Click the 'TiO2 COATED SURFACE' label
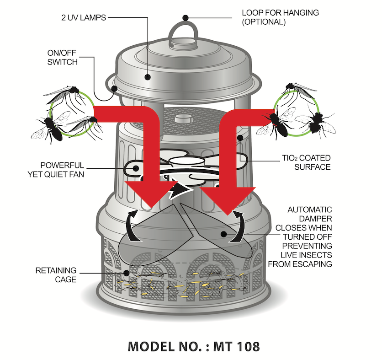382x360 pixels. [x=306, y=162]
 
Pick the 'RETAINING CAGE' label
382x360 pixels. [x=56, y=275]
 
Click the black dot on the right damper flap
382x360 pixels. [x=223, y=233]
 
